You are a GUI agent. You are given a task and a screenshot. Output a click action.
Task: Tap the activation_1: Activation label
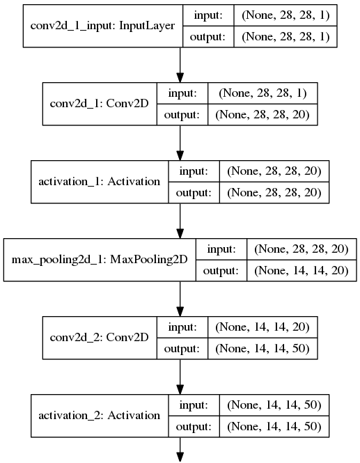[x=99, y=181]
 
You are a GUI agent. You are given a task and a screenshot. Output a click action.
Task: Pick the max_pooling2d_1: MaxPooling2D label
[x=98, y=259]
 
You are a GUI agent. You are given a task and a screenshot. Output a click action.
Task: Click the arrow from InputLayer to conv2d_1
[x=180, y=64]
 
